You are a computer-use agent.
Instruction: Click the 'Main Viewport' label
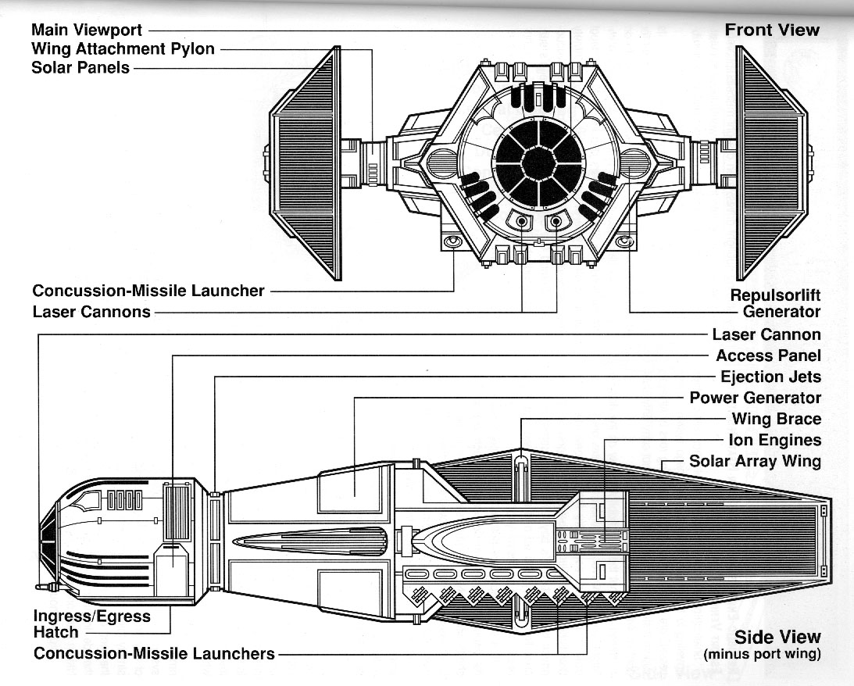87,30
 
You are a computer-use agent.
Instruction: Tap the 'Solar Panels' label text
80,67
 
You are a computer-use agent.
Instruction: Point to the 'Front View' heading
772,30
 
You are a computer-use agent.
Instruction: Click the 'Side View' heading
777,637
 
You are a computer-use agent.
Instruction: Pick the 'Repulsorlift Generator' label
775,304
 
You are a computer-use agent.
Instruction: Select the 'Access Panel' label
769,356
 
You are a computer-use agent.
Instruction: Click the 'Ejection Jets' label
770,377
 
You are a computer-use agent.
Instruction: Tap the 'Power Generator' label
755,398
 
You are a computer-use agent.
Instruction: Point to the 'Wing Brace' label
776,419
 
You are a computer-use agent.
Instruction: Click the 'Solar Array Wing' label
755,461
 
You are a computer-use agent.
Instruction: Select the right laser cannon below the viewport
556,223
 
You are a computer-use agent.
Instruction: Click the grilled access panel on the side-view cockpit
174,513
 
